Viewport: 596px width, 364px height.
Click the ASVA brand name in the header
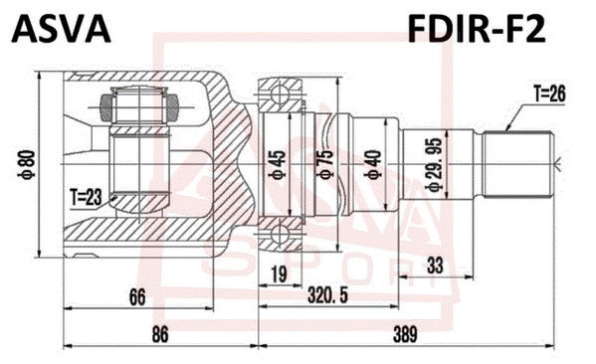[61, 29]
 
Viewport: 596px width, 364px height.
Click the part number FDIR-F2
[477, 29]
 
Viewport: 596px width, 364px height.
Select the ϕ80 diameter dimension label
[28, 164]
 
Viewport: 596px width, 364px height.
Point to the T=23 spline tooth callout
[86, 198]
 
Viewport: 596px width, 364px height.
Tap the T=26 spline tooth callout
[549, 93]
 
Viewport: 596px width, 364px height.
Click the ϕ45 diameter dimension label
[277, 165]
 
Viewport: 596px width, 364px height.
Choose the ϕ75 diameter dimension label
[325, 164]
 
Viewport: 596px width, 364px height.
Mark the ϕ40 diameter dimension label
[372, 164]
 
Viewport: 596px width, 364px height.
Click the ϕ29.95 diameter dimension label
[433, 164]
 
